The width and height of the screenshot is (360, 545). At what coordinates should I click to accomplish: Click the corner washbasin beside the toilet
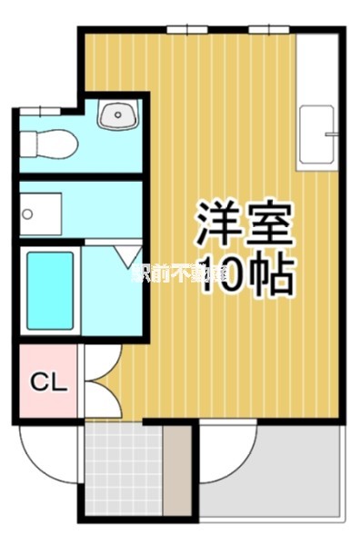[118, 115]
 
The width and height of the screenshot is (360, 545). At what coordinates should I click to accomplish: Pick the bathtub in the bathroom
[50, 291]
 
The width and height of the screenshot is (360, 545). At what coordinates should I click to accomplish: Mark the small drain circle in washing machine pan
[28, 214]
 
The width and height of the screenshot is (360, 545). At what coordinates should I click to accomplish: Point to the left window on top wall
[189, 30]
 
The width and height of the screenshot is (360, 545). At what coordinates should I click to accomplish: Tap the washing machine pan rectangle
[41, 214]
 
